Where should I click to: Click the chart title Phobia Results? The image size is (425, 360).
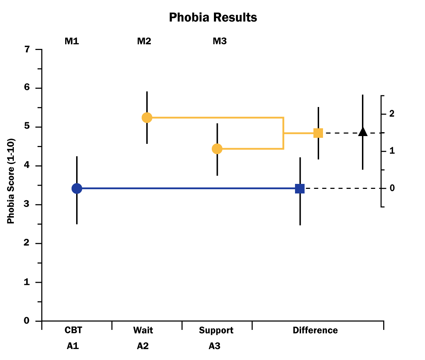[213, 17]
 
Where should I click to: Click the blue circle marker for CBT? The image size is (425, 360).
[77, 189]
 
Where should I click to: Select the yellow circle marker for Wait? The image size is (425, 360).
[147, 118]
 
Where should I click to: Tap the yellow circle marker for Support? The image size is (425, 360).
[217, 149]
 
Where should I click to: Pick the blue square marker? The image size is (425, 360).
[300, 189]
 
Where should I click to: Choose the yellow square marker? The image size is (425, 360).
[318, 133]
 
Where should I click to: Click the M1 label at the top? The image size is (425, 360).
[72, 41]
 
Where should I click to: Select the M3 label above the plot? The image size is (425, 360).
[220, 41]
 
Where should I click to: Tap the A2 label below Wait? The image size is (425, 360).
[143, 346]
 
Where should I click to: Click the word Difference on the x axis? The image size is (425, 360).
[315, 331]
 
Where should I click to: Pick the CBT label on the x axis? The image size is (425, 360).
[73, 331]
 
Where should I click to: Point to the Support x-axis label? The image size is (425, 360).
[216, 331]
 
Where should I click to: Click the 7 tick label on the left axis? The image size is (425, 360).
[27, 50]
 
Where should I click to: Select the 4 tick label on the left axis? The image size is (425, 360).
[27, 166]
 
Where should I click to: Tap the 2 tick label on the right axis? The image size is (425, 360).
[392, 114]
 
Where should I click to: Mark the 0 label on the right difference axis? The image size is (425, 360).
[392, 188]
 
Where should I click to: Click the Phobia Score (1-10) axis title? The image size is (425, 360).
[11, 181]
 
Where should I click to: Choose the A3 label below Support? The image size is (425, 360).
[214, 346]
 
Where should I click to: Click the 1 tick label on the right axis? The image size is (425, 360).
[392, 151]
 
